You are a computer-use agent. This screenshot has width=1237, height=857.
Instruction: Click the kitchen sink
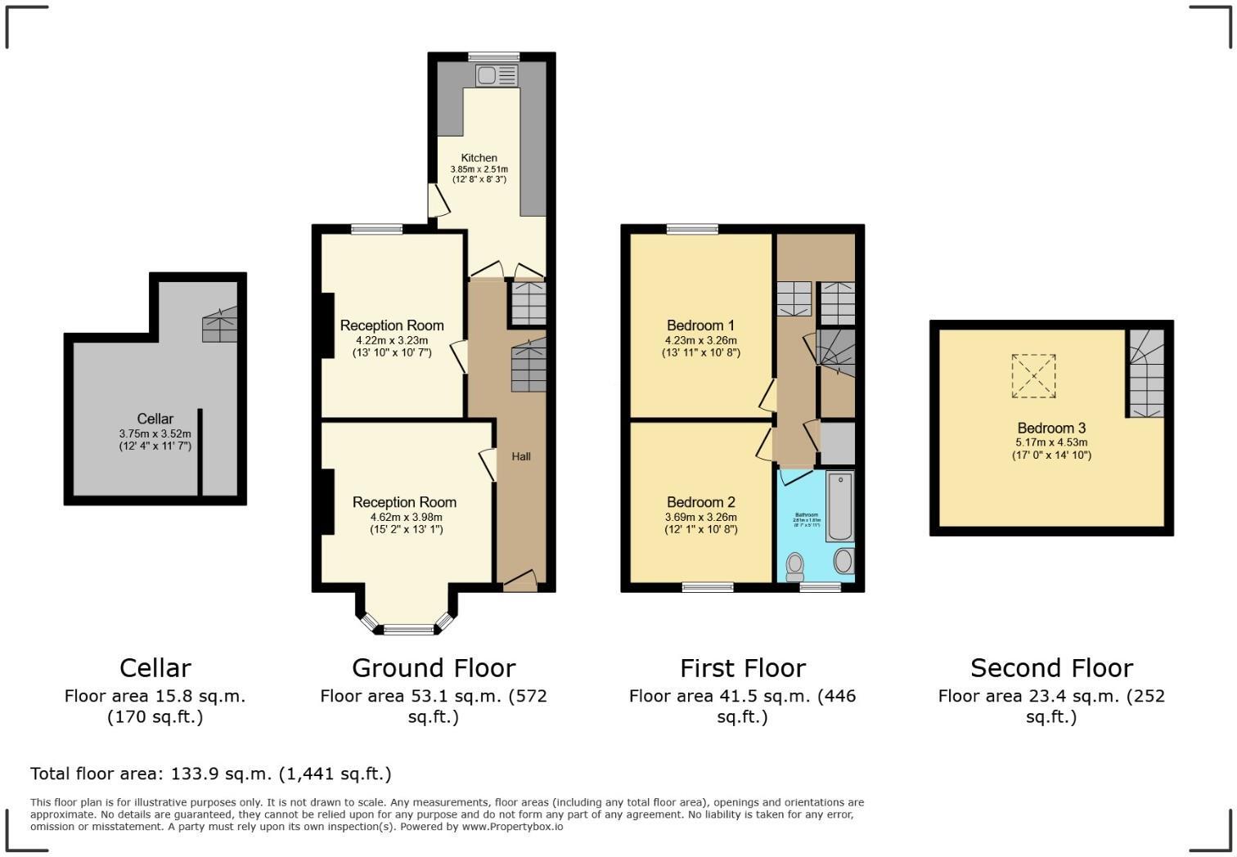pyautogui.click(x=497, y=76)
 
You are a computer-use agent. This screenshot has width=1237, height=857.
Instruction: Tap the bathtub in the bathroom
pyautogui.click(x=839, y=506)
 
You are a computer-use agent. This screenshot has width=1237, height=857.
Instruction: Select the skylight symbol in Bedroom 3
pyautogui.click(x=1033, y=376)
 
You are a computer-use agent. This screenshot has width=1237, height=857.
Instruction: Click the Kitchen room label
pyautogui.click(x=479, y=158)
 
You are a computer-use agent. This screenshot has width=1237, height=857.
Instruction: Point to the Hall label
pyautogui.click(x=521, y=456)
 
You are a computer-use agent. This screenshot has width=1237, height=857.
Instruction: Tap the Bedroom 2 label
pyautogui.click(x=700, y=502)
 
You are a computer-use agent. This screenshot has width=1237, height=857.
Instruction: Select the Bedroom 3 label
pyautogui.click(x=1051, y=428)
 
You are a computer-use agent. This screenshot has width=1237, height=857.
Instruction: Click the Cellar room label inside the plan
pyautogui.click(x=155, y=419)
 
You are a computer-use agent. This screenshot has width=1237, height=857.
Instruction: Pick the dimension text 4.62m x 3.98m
pyautogui.click(x=406, y=517)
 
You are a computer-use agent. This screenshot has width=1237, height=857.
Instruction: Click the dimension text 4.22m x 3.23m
pyautogui.click(x=392, y=340)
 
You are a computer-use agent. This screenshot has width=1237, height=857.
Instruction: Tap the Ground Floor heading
pyautogui.click(x=434, y=668)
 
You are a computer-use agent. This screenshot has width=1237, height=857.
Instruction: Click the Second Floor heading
pyautogui.click(x=1051, y=668)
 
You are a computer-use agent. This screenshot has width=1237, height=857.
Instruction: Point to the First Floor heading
pyautogui.click(x=742, y=668)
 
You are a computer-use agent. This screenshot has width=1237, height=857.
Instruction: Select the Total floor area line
pyautogui.click(x=211, y=774)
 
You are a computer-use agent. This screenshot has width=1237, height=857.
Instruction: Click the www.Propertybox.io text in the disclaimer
pyautogui.click(x=511, y=827)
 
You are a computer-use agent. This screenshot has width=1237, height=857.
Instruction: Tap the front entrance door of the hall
pyautogui.click(x=519, y=581)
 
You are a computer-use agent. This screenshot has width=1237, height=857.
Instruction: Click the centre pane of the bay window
pyautogui.click(x=409, y=629)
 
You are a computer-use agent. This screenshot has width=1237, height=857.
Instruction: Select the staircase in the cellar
pyautogui.click(x=219, y=325)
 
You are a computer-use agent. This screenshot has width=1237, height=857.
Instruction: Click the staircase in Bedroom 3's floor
pyautogui.click(x=1145, y=376)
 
